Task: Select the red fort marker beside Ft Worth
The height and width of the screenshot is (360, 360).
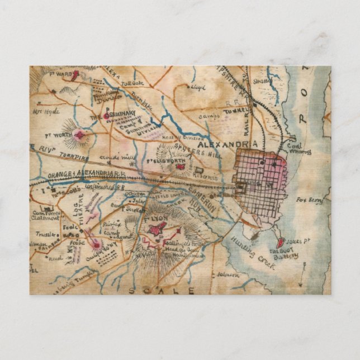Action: point(82,134)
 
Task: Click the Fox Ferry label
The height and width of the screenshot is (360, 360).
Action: point(310,200)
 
